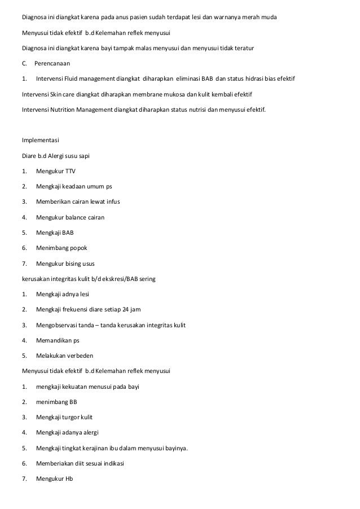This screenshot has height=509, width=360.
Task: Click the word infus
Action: click(x=112, y=201)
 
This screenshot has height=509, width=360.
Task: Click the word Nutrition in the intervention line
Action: click(x=68, y=109)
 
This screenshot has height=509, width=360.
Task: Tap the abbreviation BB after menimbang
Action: click(x=73, y=402)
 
